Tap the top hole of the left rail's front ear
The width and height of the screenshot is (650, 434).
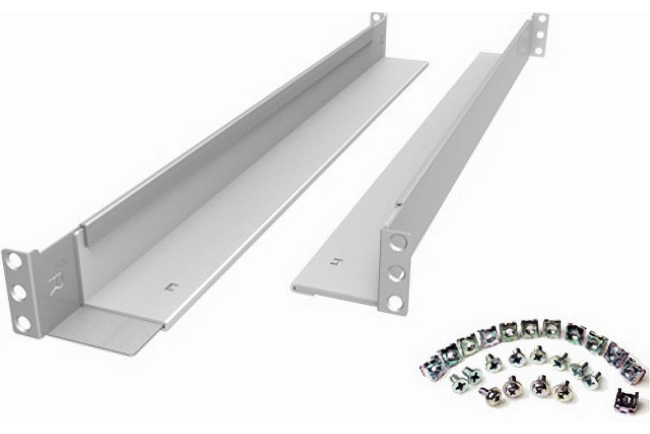pos(15,261)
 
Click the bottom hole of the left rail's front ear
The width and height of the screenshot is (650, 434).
pos(23,324)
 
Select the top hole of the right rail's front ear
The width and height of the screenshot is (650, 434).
pos(398,242)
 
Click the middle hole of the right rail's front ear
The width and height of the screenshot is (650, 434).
pos(397,273)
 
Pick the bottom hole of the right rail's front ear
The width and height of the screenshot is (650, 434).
pos(396,303)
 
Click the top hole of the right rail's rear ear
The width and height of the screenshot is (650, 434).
pos(540,21)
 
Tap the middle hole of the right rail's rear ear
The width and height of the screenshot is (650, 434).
pos(539,35)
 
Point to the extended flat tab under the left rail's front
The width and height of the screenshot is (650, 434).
pos(108,334)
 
